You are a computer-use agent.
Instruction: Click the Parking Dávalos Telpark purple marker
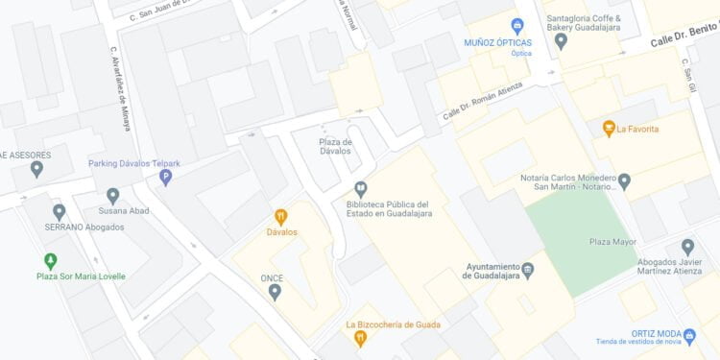tap(165, 177)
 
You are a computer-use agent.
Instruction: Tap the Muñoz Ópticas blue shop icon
tap(517, 25)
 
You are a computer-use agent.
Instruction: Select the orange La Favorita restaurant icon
tap(608, 128)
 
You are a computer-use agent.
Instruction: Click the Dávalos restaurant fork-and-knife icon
tap(281, 217)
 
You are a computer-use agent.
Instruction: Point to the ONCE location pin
tap(275, 291)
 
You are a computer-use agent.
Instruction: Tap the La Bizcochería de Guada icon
tap(360, 338)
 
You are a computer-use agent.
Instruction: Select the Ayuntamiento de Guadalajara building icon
tap(527, 270)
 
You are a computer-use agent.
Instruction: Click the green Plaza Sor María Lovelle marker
tap(50, 260)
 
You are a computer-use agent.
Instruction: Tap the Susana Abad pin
tap(112, 195)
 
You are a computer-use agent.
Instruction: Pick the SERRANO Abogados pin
tap(60, 211)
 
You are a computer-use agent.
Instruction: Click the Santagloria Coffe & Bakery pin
tap(562, 40)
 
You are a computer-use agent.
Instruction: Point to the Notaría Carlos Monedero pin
tap(624, 180)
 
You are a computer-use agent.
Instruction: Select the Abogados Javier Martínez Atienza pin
tap(687, 247)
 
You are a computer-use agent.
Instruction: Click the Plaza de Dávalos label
tap(335, 146)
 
